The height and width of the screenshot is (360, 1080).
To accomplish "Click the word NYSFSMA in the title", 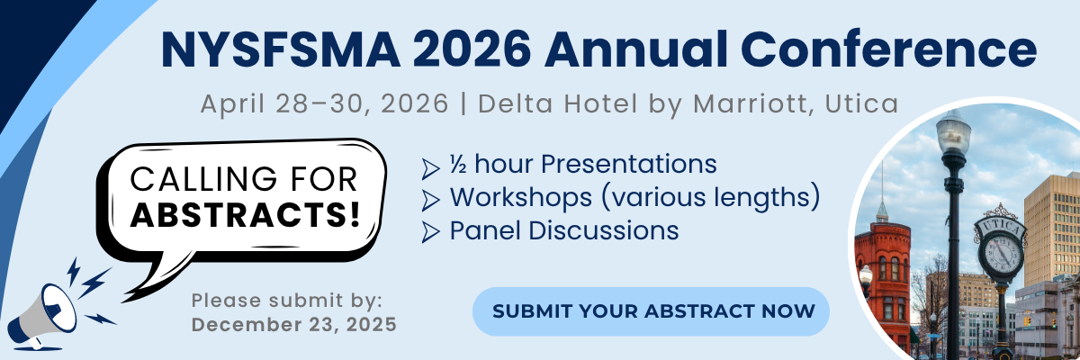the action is pyautogui.click(x=281, y=50).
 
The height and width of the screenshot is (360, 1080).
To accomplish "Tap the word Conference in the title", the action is pyautogui.click(x=888, y=49).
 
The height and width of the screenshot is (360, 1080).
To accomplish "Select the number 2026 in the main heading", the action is pyautogui.click(x=472, y=50).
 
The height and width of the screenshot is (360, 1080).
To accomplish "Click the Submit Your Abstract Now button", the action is pyautogui.click(x=651, y=311).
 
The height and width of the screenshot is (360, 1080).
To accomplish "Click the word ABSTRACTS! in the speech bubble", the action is pyautogui.click(x=246, y=215).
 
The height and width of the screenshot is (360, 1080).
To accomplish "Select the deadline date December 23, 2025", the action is pyautogui.click(x=294, y=325).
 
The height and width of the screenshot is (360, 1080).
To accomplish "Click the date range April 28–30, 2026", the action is pyautogui.click(x=325, y=103).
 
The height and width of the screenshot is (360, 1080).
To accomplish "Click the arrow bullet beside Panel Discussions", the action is pyautogui.click(x=430, y=232).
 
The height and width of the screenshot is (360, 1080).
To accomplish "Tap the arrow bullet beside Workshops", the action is pyautogui.click(x=430, y=201).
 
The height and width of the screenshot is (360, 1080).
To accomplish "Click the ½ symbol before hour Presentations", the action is pyautogui.click(x=457, y=164).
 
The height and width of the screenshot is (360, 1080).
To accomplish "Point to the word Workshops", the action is pyautogui.click(x=521, y=197).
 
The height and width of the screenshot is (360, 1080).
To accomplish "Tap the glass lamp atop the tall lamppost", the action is pyautogui.click(x=953, y=135).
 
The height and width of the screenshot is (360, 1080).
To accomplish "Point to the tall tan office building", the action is pyautogui.click(x=1052, y=231).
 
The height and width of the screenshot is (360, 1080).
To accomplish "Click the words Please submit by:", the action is pyautogui.click(x=286, y=301).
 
